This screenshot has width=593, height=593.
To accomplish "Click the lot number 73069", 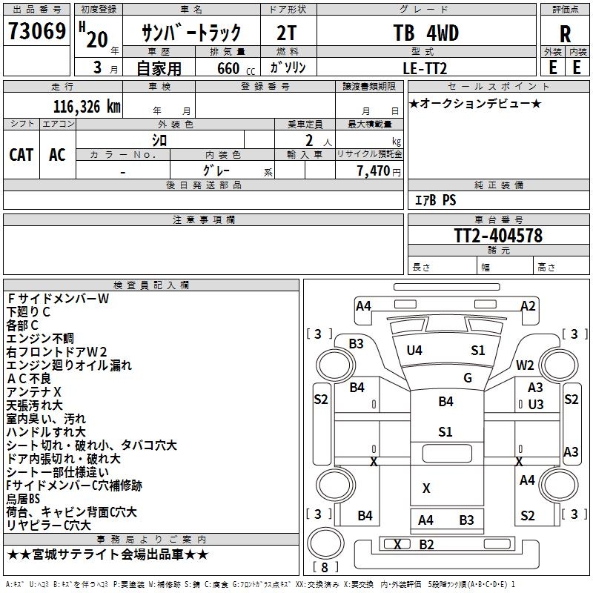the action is tap(36, 32).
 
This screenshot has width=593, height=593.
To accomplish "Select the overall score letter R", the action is tap(565, 33).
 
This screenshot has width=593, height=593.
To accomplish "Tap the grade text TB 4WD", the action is tap(425, 33).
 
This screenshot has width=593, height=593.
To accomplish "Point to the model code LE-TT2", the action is tap(425, 67).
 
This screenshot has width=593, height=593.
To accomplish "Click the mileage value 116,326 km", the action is tap(87, 106).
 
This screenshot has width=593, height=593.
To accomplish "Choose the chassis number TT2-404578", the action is tap(498, 236).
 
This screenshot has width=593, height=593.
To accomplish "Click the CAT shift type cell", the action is tap(21, 154).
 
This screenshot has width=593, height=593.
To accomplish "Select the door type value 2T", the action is tap(288, 33).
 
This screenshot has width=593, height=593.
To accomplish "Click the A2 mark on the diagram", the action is tap(528, 305).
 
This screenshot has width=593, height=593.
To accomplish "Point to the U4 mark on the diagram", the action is tap(414, 351).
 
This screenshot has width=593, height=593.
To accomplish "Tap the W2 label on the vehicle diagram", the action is tap(526, 365).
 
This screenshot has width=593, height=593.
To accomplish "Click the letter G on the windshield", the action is tap(468, 377).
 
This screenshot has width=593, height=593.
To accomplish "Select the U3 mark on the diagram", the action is tap(536, 405).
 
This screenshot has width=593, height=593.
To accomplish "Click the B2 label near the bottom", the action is tap(426, 545).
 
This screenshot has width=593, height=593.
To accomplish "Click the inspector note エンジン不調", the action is tap(40, 338).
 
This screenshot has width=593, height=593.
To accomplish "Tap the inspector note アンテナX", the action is tap(34, 391).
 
